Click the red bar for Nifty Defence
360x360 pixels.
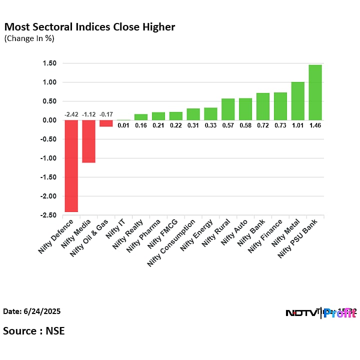(x=71, y=165)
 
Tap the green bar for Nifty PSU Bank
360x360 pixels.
(x=315, y=92)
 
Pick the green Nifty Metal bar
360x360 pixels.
(x=297, y=101)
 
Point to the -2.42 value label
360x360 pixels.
(x=71, y=114)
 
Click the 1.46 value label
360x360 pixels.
(x=315, y=125)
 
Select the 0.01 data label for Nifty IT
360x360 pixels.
(x=123, y=125)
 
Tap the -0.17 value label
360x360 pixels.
(x=106, y=114)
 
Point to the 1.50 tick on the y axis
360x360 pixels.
(x=49, y=63)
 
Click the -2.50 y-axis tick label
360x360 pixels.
(x=48, y=215)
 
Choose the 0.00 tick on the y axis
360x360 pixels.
(x=49, y=120)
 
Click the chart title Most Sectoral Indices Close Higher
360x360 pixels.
(x=90, y=27)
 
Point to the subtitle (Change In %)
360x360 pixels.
(x=29, y=38)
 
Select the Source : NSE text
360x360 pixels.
(x=34, y=330)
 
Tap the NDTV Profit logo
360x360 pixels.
(x=320, y=313)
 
